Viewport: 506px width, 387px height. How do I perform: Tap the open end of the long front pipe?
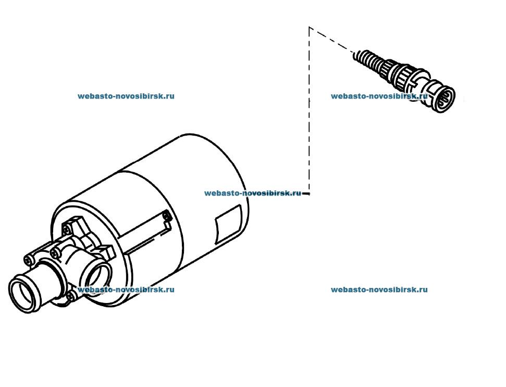click(23, 295)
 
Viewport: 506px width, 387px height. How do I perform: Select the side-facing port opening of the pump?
click(97, 275)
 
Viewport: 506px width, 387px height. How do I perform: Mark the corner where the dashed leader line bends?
click(310, 28)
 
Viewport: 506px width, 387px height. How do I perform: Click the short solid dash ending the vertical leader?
click(306, 194)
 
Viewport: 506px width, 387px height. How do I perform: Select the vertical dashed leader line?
click(310, 110)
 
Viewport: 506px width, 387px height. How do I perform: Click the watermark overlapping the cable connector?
click(379, 96)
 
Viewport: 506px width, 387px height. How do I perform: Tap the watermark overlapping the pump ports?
click(126, 289)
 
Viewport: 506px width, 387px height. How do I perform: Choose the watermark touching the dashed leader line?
click(252, 193)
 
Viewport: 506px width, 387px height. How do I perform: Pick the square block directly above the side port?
click(107, 251)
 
